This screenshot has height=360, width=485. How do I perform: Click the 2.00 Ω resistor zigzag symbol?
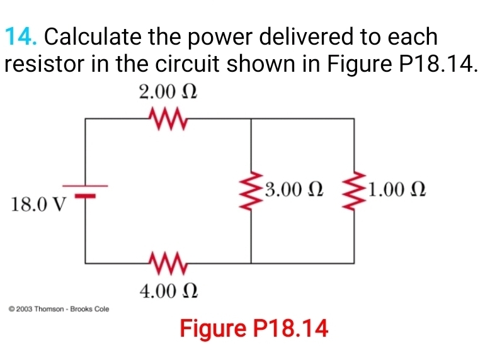(168, 116)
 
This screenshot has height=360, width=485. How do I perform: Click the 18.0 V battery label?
(38, 205)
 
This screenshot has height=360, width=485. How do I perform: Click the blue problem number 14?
(21, 37)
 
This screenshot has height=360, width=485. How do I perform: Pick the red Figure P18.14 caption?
(254, 328)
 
